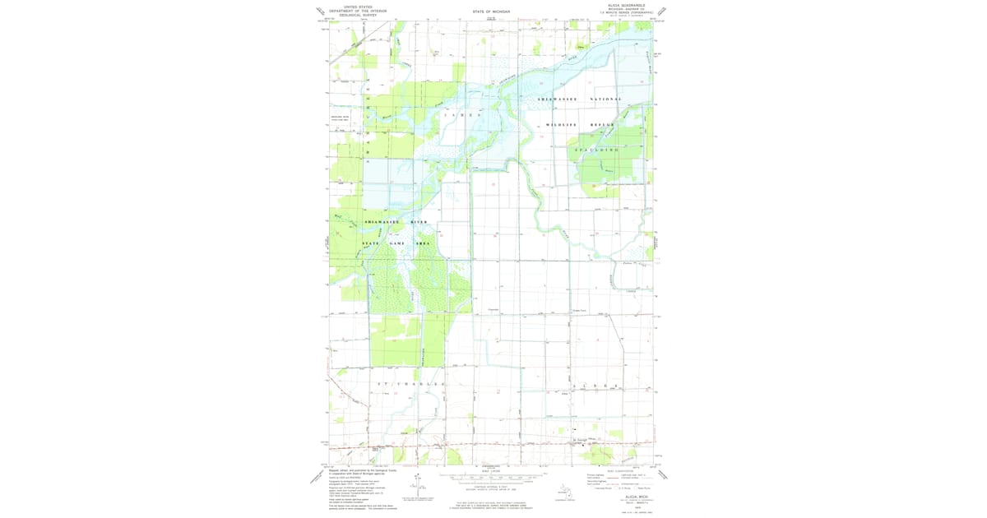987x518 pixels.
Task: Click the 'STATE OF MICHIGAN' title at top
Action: (x=491, y=12)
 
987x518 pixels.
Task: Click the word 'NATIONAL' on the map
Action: (x=606, y=99)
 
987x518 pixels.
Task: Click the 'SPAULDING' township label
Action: (x=596, y=150)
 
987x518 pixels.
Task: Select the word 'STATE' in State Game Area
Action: (x=372, y=243)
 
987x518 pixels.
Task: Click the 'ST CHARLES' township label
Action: (x=411, y=384)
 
